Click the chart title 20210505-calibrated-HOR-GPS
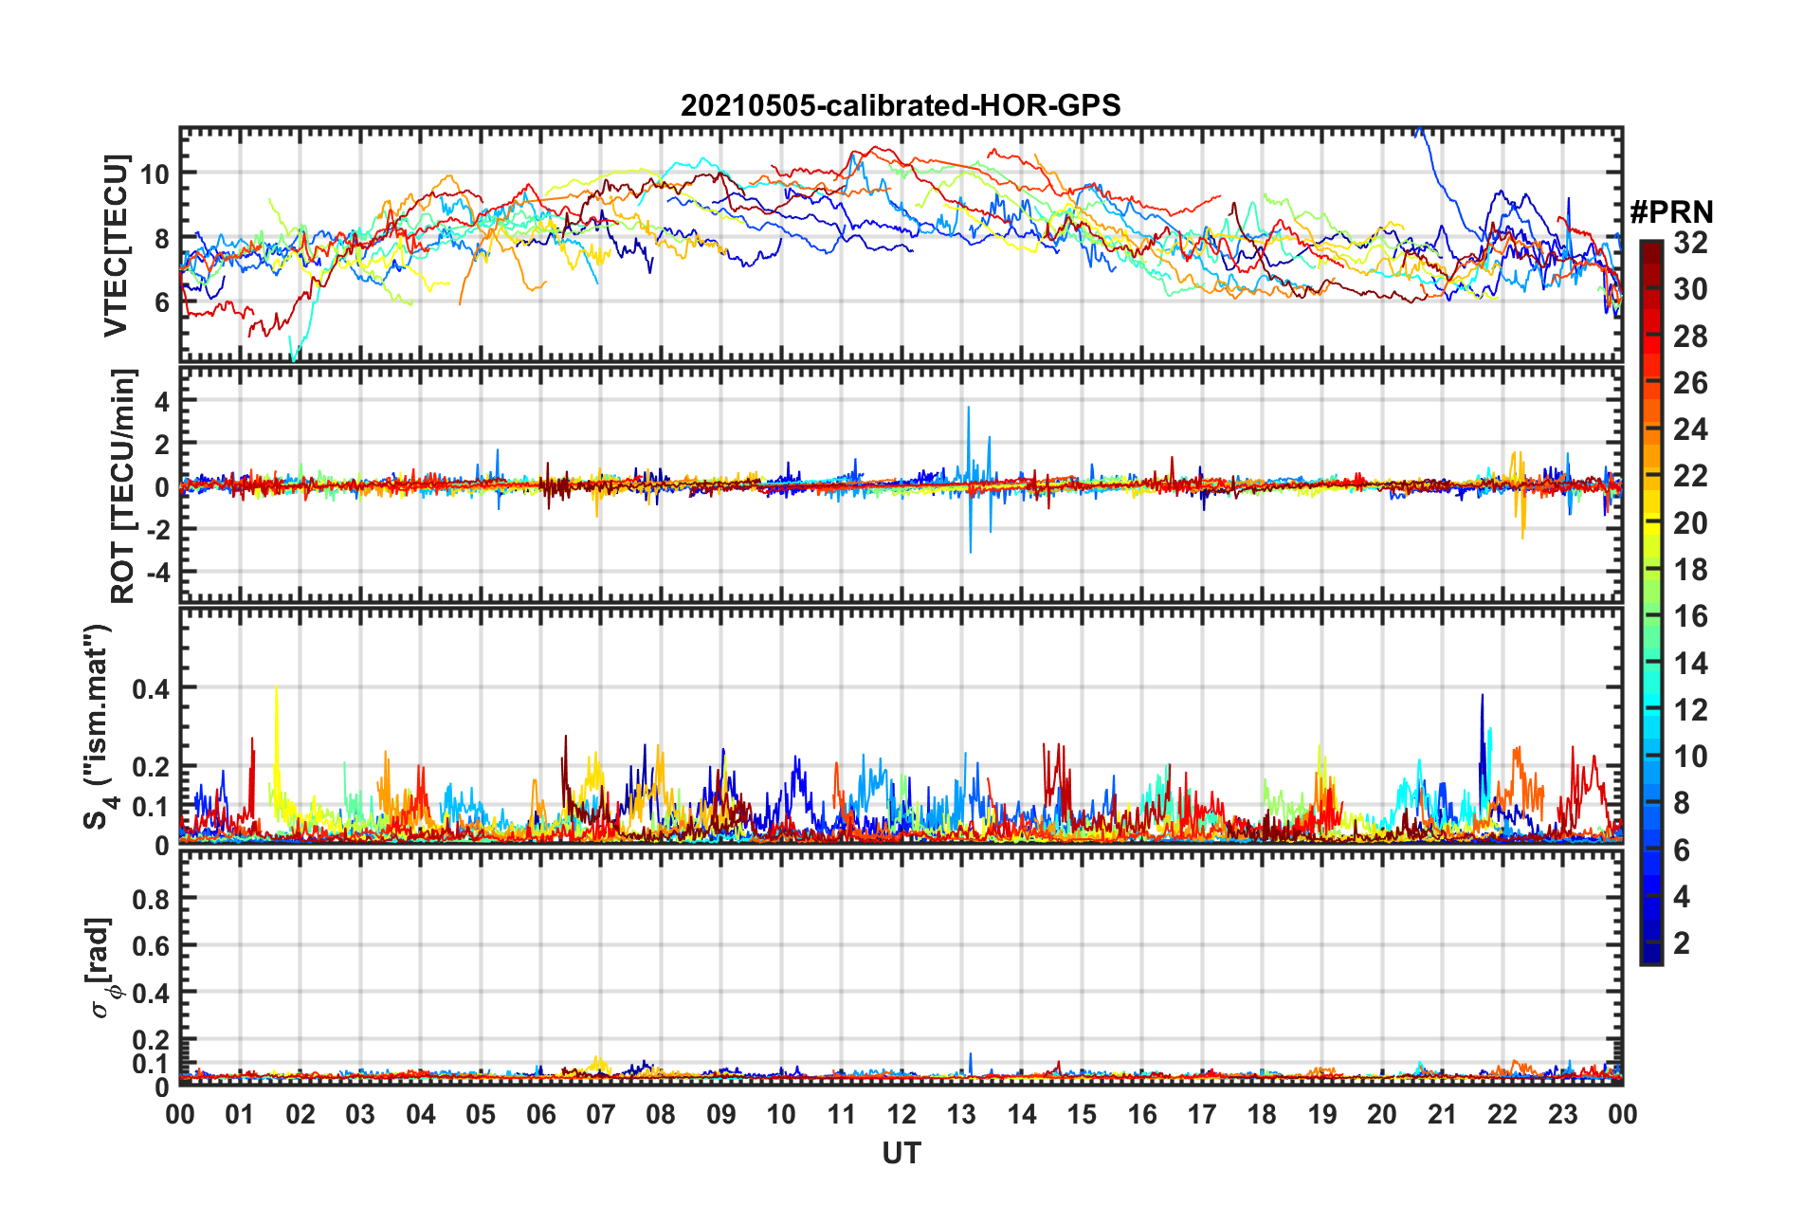pos(901,105)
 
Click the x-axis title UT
pos(901,1153)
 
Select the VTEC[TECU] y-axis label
pos(116,246)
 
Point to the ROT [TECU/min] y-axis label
pos(122,486)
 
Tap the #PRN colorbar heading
pos(1671,211)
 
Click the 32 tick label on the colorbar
pos(1690,243)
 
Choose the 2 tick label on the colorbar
pos(1682,943)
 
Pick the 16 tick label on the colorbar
pos(1690,616)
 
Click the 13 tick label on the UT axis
pos(961,1114)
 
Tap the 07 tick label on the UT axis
pos(601,1114)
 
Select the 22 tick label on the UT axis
pos(1502,1114)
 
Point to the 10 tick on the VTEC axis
pos(155,174)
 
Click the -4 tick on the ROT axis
pos(155,573)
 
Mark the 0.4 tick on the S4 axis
pos(151,688)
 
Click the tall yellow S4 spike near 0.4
pos(276,690)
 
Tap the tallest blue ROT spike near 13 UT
pos(968,410)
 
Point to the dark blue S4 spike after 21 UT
pos(1482,698)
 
